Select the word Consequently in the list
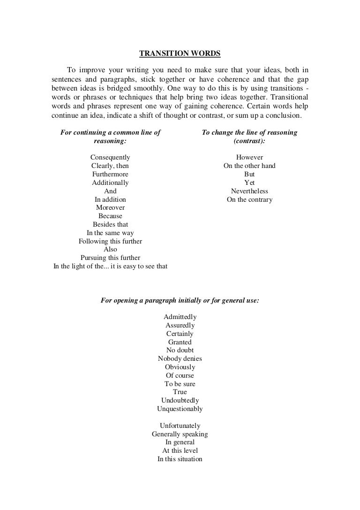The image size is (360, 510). (110, 158)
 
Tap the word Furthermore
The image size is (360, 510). (110, 174)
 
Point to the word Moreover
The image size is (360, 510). (110, 207)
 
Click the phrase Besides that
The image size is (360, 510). (110, 224)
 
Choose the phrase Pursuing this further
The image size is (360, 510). (110, 258)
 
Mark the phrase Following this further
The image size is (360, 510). (110, 241)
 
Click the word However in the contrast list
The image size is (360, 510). (249, 158)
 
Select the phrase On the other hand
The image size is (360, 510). (249, 166)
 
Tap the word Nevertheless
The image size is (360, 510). (249, 191)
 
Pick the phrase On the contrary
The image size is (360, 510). (249, 199)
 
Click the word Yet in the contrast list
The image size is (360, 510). (249, 183)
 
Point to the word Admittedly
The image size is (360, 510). (180, 317)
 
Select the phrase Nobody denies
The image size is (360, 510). (180, 358)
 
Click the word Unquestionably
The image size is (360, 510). (180, 409)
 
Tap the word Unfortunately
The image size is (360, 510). (180, 426)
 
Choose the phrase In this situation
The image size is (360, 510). (180, 459)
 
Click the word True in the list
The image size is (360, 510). (180, 392)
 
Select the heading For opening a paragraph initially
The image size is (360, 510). (180, 300)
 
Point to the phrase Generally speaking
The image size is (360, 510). (180, 434)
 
